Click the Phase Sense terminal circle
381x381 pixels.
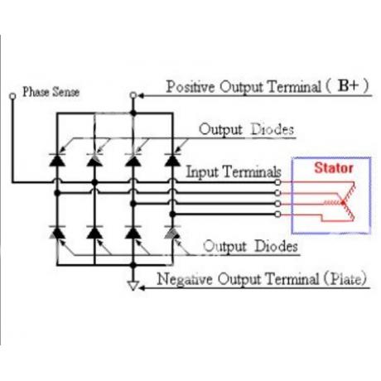point(12,96)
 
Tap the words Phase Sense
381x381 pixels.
point(51,92)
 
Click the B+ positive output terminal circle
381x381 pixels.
point(133,95)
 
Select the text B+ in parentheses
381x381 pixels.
point(349,85)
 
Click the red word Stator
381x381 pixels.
point(334,168)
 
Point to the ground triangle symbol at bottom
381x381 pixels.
point(133,286)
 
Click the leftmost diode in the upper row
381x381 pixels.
point(57,160)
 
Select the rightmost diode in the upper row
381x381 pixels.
point(172,160)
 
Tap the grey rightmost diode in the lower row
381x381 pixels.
point(172,233)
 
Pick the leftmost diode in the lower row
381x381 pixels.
point(57,233)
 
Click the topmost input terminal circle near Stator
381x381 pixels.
point(278,182)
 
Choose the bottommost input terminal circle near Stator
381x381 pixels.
point(278,215)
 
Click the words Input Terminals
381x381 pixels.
point(234,172)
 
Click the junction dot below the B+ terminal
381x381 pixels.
point(133,113)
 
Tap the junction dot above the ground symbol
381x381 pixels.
point(133,265)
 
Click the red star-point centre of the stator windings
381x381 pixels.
point(343,203)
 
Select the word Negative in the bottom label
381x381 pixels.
point(185,279)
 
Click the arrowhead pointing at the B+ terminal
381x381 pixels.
point(141,96)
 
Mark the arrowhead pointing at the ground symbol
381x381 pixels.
point(142,288)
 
